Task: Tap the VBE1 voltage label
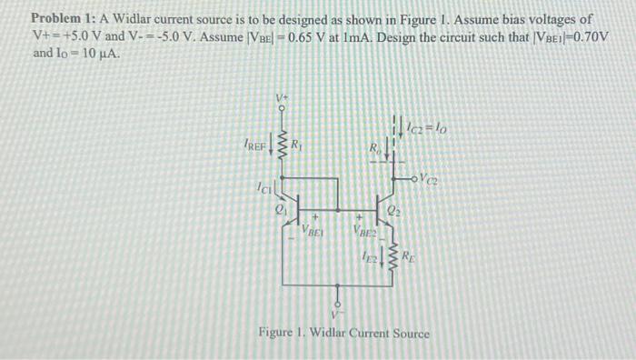click(x=313, y=232)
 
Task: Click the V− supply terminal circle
click(x=338, y=305)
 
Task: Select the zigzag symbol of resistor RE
click(x=393, y=257)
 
